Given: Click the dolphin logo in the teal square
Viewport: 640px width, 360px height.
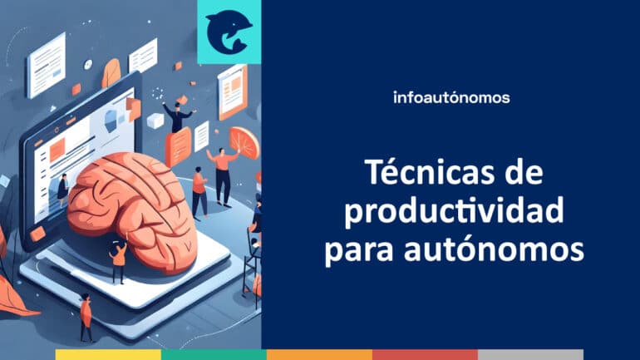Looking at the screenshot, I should click(229, 32).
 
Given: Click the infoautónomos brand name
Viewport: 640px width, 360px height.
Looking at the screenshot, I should click(450, 97).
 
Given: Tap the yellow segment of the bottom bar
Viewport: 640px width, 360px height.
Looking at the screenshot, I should click(108, 354).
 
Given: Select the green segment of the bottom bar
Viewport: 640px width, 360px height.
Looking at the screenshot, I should click(214, 354).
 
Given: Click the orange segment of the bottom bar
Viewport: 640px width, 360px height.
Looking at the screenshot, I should click(319, 354).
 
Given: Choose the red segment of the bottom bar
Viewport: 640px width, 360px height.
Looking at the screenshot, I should click(425, 354).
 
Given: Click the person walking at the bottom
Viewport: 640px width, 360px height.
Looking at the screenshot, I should click(86, 316).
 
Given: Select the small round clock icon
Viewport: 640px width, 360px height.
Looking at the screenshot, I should click(88, 64).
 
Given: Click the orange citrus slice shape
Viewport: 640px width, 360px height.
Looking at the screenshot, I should click(244, 142).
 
